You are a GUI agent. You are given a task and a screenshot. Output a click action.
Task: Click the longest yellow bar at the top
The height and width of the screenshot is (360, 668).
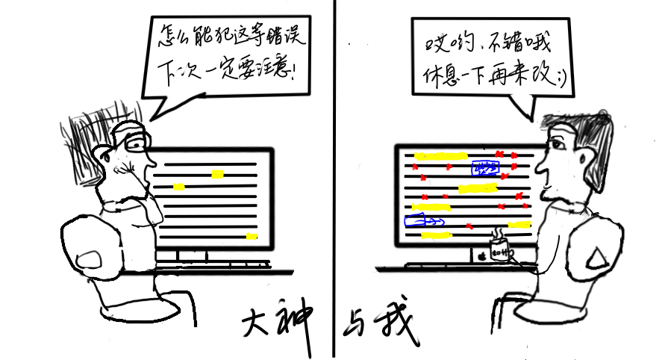(x=440, y=156)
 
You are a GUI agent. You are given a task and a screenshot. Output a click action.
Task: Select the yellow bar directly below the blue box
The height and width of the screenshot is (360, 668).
(x=478, y=188)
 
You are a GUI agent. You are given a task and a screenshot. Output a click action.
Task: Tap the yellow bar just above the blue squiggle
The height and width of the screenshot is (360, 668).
(x=431, y=207)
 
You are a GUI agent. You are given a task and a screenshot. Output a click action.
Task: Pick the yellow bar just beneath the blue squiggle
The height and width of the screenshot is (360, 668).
(x=436, y=235)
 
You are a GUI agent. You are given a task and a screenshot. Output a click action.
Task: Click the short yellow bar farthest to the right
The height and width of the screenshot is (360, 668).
(x=519, y=224)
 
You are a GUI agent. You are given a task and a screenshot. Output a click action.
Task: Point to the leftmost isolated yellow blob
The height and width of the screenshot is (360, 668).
(x=178, y=187)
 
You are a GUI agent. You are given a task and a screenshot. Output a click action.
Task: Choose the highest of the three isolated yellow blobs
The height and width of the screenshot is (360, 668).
(x=217, y=174)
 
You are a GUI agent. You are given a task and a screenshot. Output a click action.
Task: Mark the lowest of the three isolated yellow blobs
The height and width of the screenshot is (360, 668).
(x=252, y=237)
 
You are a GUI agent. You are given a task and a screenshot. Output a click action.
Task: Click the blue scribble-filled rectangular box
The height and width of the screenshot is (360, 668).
(x=485, y=167)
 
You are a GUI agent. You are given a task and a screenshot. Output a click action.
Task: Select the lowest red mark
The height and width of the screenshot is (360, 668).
(x=469, y=226)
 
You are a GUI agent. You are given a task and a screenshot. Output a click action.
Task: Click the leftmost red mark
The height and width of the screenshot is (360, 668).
(x=415, y=167)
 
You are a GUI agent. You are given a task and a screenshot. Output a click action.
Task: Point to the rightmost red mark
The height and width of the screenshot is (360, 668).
(x=525, y=205)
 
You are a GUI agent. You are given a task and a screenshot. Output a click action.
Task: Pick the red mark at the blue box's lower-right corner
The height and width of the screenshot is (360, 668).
(x=505, y=176)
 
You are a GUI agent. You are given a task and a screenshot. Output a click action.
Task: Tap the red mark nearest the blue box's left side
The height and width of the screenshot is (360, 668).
(x=449, y=167)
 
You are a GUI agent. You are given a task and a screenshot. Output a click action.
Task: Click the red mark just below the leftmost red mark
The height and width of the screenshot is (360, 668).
(x=423, y=178)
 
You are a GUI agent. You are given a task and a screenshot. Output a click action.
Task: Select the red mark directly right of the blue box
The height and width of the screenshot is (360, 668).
(x=514, y=167)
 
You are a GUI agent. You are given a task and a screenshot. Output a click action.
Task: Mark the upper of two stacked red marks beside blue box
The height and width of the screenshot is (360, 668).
(x=514, y=155)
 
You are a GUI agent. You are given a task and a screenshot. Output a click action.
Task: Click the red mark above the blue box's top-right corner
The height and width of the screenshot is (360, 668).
(x=499, y=154)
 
